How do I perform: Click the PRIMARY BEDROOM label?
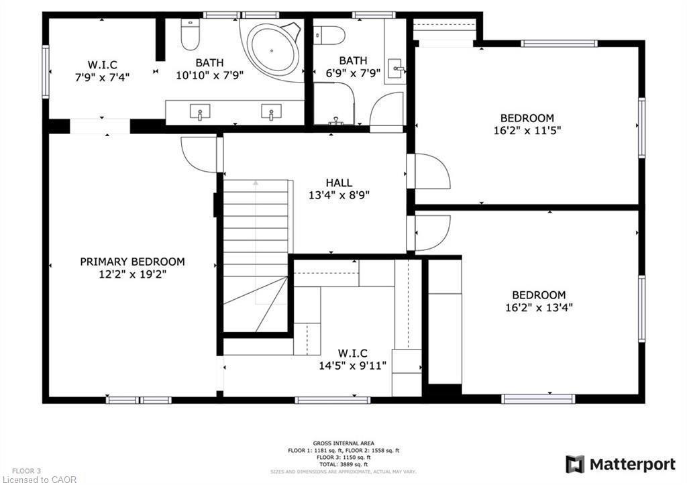click(132, 262)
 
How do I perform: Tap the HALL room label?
click(339, 182)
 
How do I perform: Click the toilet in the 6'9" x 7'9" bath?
click(329, 34)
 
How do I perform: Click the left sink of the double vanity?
click(199, 111)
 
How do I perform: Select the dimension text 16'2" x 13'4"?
click(539, 308)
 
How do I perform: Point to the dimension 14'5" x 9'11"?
click(352, 366)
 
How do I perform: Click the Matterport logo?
click(621, 464)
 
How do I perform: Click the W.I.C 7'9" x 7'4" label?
click(102, 70)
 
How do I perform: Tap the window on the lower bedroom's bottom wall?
click(538, 399)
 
